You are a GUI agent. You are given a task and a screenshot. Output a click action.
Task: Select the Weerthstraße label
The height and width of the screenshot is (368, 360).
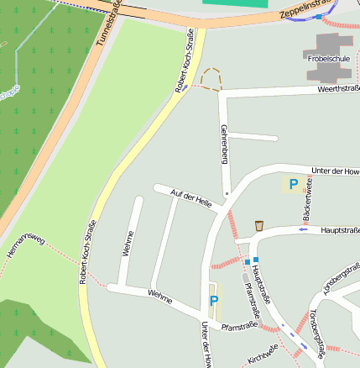(x=338, y=88)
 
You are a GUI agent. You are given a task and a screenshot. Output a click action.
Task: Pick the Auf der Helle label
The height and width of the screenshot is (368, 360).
(x=190, y=198)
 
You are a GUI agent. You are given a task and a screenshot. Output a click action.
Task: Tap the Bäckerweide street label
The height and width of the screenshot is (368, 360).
(x=309, y=199)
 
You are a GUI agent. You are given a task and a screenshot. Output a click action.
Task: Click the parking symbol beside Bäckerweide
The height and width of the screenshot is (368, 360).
(x=293, y=183)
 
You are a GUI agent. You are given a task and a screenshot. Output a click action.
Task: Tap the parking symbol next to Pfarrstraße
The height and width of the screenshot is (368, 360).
(x=214, y=300)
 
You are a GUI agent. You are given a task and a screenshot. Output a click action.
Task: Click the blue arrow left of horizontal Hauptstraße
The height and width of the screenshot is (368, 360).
(x=303, y=229)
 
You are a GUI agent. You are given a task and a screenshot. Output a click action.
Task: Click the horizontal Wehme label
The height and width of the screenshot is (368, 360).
(x=159, y=295)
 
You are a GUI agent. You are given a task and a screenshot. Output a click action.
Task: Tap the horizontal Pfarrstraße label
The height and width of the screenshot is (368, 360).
(x=238, y=325)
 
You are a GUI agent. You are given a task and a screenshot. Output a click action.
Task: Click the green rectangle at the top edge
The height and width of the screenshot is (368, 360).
(x=239, y=3)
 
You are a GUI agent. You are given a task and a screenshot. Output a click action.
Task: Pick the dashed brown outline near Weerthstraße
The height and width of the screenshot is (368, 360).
(x=211, y=78)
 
